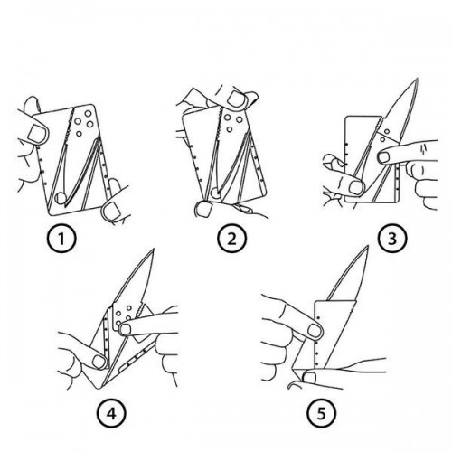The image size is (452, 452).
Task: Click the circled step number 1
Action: pyautogui.click(x=61, y=239)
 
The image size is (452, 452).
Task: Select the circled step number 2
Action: pyautogui.click(x=231, y=239)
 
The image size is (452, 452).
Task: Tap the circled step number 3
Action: pyautogui.click(x=392, y=239)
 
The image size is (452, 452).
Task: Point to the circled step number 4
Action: pyautogui.click(x=111, y=414)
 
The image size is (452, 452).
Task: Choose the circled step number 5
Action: pyautogui.click(x=321, y=414)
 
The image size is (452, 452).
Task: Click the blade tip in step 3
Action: pyautogui.click(x=418, y=79)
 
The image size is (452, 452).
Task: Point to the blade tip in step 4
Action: pyautogui.click(x=154, y=249)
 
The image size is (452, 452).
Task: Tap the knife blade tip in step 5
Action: pyautogui.click(x=368, y=246)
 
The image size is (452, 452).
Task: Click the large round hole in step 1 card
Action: pyautogui.click(x=61, y=198)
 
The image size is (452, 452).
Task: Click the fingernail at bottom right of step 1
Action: pyautogui.click(x=111, y=211)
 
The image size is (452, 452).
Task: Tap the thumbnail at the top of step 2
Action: pyautogui.click(x=238, y=99)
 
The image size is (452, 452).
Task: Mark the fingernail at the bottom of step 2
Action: pyautogui.click(x=203, y=209)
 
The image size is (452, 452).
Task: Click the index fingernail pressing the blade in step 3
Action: pyautogui.click(x=385, y=157)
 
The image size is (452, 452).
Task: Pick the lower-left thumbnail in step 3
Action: pyautogui.click(x=356, y=187)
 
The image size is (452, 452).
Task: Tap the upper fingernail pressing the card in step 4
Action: pyautogui.click(x=126, y=329)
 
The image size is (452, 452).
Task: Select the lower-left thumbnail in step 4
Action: pyautogui.click(x=99, y=362)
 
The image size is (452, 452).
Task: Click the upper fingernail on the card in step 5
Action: pyautogui.click(x=315, y=331)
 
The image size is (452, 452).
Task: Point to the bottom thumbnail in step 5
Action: pyautogui.click(x=309, y=378)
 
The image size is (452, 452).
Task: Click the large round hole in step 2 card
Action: pyautogui.click(x=215, y=192)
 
